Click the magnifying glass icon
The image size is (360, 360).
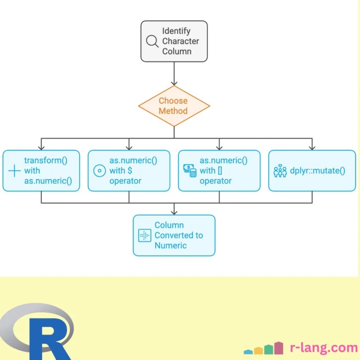click(152, 41)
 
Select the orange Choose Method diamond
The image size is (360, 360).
click(174, 106)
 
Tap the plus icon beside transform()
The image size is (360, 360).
click(14, 171)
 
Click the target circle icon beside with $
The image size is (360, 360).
click(100, 171)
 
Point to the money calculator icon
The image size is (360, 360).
click(190, 171)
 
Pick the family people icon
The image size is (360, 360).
click(280, 171)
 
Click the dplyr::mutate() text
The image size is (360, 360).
click(317, 171)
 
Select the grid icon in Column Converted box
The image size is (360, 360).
click(145, 235)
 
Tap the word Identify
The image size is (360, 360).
click(176, 31)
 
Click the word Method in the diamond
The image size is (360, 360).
click(173, 111)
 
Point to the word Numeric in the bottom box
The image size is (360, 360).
click(171, 246)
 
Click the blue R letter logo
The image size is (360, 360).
click(49, 339)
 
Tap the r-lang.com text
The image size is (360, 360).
click(324, 347)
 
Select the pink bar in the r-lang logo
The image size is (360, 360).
click(279, 348)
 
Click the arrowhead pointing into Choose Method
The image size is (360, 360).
click(174, 83)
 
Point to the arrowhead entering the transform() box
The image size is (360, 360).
click(41, 148)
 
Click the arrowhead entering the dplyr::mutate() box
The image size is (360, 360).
click(312, 148)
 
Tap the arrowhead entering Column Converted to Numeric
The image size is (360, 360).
click(174, 212)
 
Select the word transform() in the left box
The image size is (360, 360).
click(45, 160)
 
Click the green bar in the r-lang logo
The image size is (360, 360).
click(269, 349)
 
